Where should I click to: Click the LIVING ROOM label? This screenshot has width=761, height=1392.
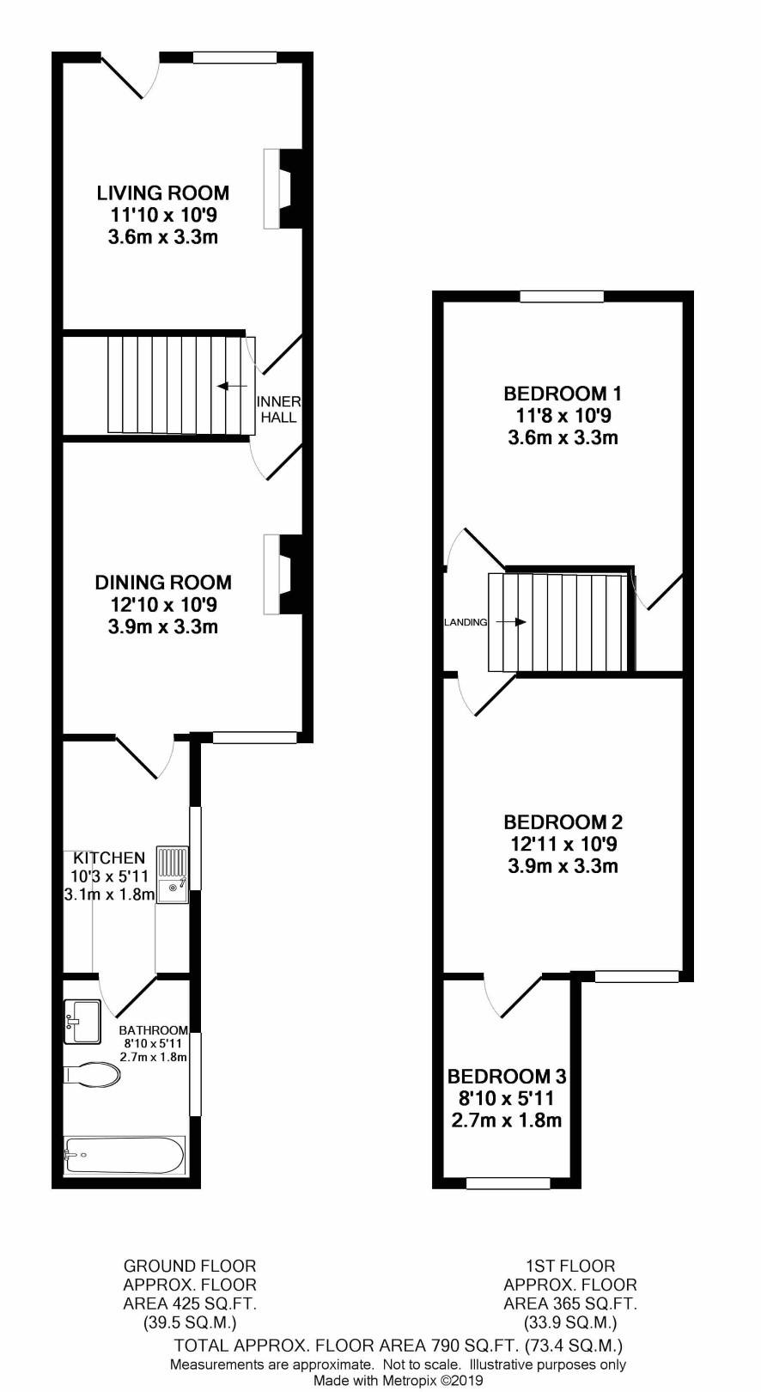pyautogui.click(x=162, y=192)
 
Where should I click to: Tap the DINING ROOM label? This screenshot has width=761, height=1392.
pyautogui.click(x=162, y=583)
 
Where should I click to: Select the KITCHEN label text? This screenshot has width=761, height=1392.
pyautogui.click(x=109, y=858)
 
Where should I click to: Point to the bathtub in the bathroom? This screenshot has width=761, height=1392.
pyautogui.click(x=125, y=1155)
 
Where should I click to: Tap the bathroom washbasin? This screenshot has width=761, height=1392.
pyautogui.click(x=82, y=1021)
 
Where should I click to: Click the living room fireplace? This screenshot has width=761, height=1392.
pyautogui.click(x=283, y=188)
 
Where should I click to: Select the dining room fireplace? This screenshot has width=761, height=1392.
pyautogui.click(x=283, y=575)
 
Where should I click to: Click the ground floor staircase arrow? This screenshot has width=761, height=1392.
pyautogui.click(x=231, y=386)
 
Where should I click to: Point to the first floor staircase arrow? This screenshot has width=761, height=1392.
pyautogui.click(x=511, y=622)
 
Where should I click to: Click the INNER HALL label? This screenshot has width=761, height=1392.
pyautogui.click(x=279, y=410)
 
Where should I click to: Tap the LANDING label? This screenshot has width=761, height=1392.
pyautogui.click(x=466, y=622)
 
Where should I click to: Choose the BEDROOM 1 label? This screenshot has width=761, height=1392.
pyautogui.click(x=563, y=394)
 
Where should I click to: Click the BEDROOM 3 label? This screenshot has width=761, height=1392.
pyautogui.click(x=506, y=1076)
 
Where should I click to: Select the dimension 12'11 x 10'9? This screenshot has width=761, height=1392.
pyautogui.click(x=563, y=844)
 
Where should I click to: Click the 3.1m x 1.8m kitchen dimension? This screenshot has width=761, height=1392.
pyautogui.click(x=109, y=894)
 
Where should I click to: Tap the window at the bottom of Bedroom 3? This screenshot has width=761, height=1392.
pyautogui.click(x=508, y=1184)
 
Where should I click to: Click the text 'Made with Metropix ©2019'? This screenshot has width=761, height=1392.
pyautogui.click(x=399, y=1381)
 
